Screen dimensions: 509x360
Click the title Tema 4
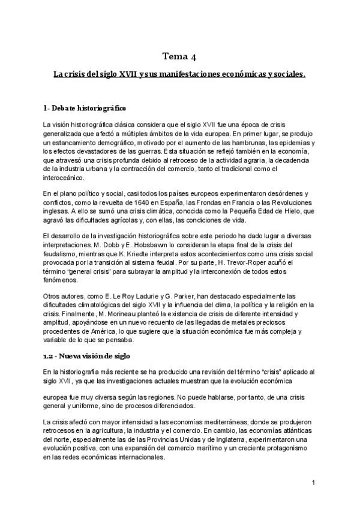179,57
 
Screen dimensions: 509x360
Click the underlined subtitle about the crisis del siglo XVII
179,74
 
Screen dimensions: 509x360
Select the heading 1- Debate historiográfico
85,108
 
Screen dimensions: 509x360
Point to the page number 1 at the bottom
313,483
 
